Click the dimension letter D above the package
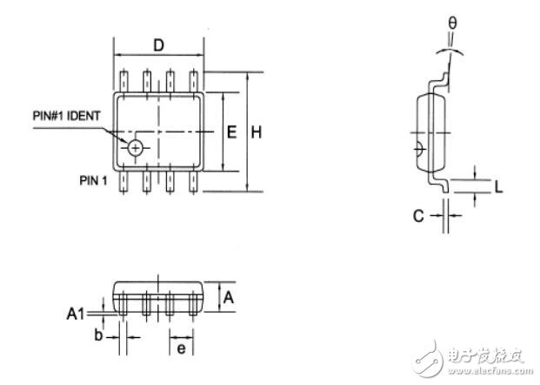pos(158,45)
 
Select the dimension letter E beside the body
pos(232,132)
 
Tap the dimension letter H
pos(257,132)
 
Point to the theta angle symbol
pos(452,24)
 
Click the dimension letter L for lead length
pos(498,187)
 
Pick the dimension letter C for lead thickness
pos(418,216)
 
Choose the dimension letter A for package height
pos(229,297)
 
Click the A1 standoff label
pos(75,314)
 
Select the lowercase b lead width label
pos(98,334)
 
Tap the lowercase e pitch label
pos(181,348)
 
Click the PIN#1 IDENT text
pos(66,116)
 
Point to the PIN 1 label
pos(93,180)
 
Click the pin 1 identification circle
pos(136,148)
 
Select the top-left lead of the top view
pos(123,81)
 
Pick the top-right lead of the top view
pos(194,81)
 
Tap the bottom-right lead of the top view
pos(194,181)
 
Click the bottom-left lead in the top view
pos(123,181)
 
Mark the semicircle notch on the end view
pos(421,149)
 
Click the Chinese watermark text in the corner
pos(485,356)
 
